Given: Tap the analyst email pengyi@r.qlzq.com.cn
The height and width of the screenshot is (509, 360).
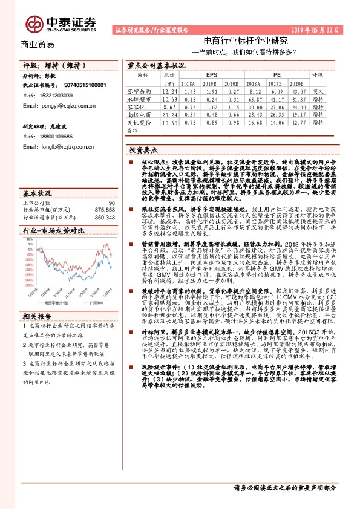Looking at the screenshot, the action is (55, 105).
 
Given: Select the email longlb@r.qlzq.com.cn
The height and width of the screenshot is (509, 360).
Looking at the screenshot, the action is (54, 146).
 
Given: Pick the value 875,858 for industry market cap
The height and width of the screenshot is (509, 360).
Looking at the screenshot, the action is (102, 209).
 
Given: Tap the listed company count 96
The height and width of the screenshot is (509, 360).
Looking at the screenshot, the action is (111, 203).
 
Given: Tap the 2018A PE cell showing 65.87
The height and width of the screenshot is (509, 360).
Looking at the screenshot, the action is (254, 97).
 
